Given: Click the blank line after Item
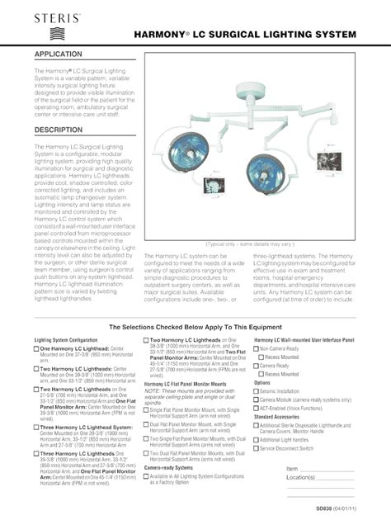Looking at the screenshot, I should [328, 469].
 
